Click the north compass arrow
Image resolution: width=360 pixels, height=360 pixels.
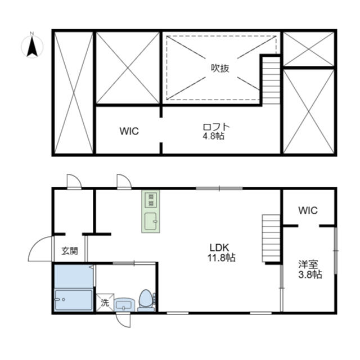pos(32,47)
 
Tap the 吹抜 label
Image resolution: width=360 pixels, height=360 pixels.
pos(220,68)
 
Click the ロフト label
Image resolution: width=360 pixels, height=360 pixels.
pos(216,127)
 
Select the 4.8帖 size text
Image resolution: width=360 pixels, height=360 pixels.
pos(213,136)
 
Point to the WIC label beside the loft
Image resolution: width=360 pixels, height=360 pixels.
pos(129,131)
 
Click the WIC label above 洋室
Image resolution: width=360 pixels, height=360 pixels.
pos(308,210)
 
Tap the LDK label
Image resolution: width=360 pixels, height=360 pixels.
pos(219,247)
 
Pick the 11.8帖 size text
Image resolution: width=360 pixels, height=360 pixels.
pos(222,258)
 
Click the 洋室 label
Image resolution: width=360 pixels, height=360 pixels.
pos(308,264)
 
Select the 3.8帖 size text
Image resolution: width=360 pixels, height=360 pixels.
pos(310,274)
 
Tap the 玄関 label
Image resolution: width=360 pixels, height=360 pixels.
pos(70,251)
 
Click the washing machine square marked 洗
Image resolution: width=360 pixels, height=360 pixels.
pos(105,303)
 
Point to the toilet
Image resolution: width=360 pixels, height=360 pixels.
pos(146,300)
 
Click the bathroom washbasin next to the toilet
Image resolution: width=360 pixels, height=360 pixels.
pos(124,305)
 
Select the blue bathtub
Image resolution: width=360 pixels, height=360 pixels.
pos(74,300)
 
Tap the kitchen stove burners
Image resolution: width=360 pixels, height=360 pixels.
pos(151,200)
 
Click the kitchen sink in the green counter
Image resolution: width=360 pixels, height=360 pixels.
pos(151,221)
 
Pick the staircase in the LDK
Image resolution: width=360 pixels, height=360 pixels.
pos(271,238)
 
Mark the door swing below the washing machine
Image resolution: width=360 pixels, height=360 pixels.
pos(124,320)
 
